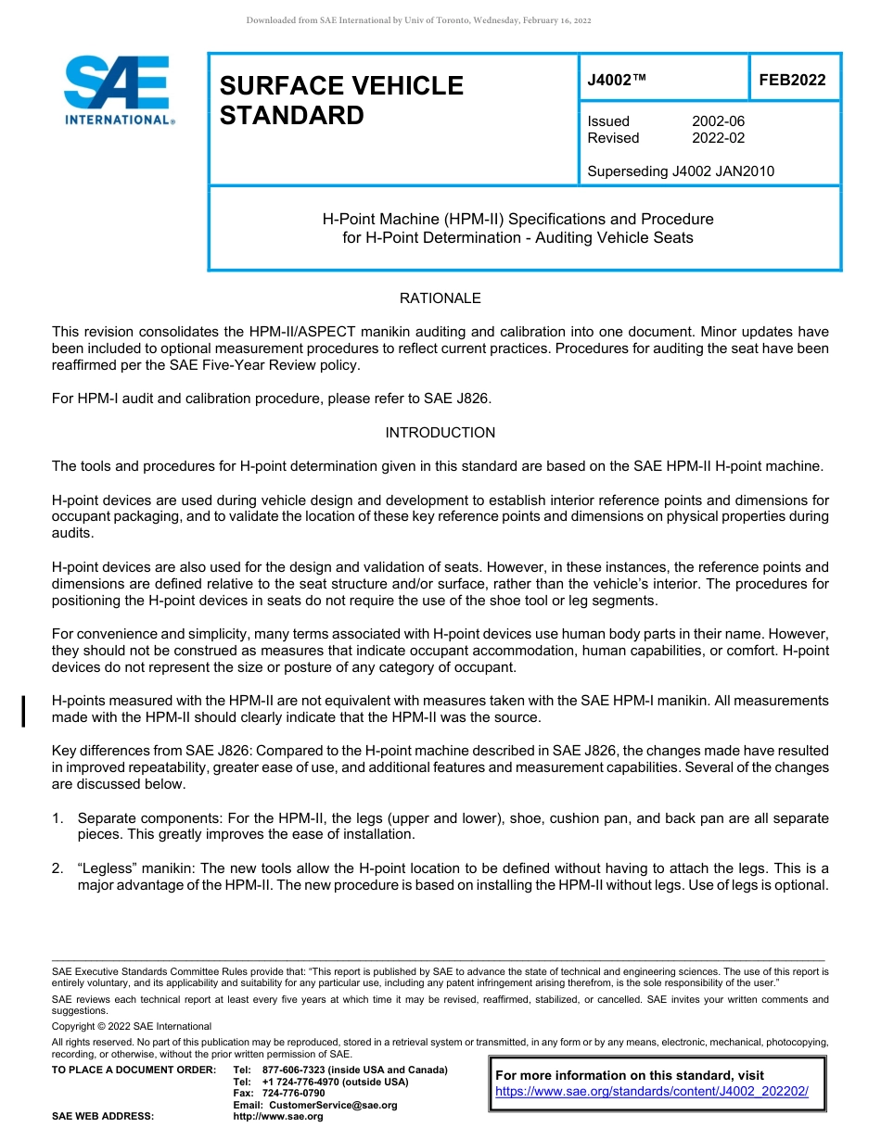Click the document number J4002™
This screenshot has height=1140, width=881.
point(617,80)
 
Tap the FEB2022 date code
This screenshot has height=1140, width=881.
point(792,80)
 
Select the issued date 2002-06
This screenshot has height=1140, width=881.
point(718,121)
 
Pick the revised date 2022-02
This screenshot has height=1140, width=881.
point(718,138)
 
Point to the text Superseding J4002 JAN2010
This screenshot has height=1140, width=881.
point(681,171)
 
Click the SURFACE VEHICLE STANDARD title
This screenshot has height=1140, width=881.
point(341,100)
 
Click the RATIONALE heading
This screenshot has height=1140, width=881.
point(440,298)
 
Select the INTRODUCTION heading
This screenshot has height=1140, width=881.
point(440,433)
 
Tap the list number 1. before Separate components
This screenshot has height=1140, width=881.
point(57,818)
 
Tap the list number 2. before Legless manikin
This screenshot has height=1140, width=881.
point(57,868)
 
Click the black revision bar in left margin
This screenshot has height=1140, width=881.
point(23,709)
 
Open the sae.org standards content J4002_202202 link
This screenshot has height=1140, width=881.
point(652,1092)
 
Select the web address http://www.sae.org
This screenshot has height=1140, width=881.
point(278,1116)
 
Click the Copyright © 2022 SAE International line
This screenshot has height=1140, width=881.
point(132,1026)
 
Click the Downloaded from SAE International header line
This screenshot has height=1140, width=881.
point(418,20)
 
